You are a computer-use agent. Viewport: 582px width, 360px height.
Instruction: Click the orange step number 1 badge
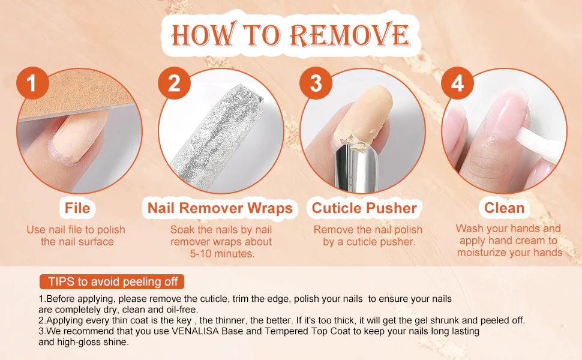coord(32,83)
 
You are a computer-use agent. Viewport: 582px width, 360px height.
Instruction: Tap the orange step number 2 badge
coord(174,83)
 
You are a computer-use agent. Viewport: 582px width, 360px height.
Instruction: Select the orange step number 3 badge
coord(316,83)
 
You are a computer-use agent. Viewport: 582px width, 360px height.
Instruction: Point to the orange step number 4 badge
coord(457,83)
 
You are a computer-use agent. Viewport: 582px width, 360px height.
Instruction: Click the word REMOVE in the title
coord(350,35)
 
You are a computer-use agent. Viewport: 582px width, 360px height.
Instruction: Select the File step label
coord(77,208)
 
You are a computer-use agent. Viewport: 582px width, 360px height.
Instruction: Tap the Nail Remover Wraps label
coord(220,208)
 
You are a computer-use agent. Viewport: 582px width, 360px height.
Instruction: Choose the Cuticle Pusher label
coord(364,208)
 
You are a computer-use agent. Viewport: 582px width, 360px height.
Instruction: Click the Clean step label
coord(504,208)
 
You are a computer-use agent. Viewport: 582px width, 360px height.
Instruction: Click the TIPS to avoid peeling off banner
coord(112,281)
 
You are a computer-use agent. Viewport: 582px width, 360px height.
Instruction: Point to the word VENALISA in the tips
coord(195,331)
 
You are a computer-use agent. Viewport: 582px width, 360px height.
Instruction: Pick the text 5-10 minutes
coord(223,254)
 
